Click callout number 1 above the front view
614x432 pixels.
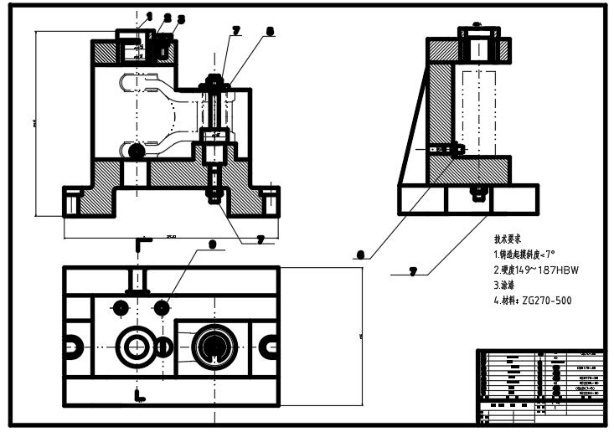(149, 15)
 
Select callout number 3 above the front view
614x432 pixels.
(181, 18)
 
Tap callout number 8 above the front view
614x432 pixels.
(269, 32)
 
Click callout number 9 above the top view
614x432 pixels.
(212, 244)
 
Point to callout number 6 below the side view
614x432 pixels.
(360, 255)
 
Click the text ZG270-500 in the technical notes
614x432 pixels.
(547, 301)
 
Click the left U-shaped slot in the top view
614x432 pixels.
(74, 344)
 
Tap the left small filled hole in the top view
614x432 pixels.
(121, 308)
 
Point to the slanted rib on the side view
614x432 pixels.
(415, 134)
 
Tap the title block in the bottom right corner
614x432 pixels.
(539, 385)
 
